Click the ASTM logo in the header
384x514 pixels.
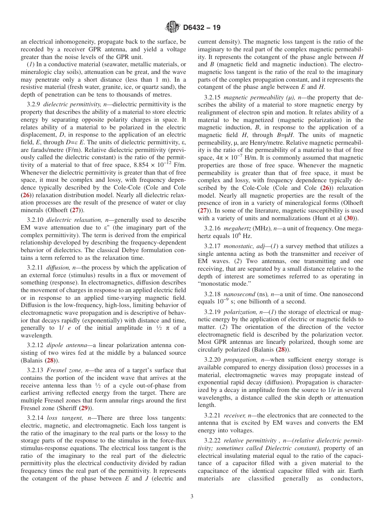(x=173, y=27)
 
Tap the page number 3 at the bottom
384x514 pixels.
(x=192, y=497)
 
